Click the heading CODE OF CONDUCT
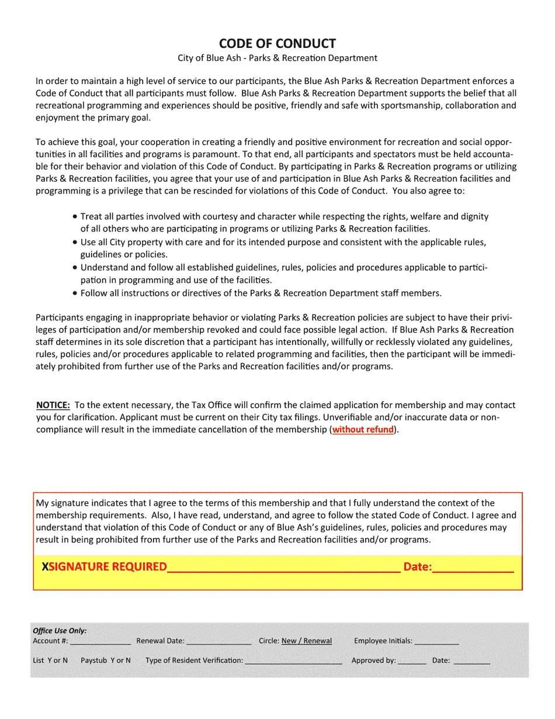[x=277, y=44]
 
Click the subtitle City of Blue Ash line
[x=277, y=58]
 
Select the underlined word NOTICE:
[x=53, y=405]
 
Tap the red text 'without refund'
[x=363, y=430]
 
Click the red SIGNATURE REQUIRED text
[x=108, y=566]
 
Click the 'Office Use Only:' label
[x=60, y=631]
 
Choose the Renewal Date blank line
[x=219, y=642]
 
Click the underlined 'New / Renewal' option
[x=307, y=641]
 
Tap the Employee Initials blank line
[x=437, y=642]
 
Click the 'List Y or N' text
[x=50, y=661]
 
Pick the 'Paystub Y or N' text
[x=106, y=661]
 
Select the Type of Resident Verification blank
[x=293, y=662]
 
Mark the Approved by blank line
[x=412, y=662]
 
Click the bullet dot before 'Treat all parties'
[x=75, y=216]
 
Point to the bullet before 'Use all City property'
[x=75, y=242]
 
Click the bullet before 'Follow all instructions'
[x=75, y=293]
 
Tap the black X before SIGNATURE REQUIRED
[x=45, y=566]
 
